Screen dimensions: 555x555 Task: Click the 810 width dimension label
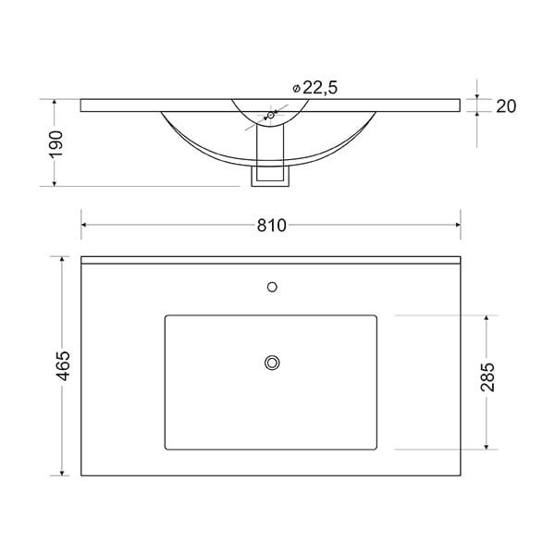click(x=271, y=226)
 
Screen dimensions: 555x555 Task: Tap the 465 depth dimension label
click(x=64, y=366)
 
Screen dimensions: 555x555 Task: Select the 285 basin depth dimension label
click(x=487, y=377)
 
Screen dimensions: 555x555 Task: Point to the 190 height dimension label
click(x=55, y=143)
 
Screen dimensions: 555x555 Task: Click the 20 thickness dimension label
click(x=506, y=106)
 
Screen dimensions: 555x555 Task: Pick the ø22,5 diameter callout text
click(x=315, y=88)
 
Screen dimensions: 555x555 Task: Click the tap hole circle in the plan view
click(x=272, y=287)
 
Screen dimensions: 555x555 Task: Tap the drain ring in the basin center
click(x=272, y=363)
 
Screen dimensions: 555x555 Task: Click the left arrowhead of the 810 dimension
click(x=84, y=225)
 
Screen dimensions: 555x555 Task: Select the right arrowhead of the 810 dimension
click(x=458, y=225)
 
